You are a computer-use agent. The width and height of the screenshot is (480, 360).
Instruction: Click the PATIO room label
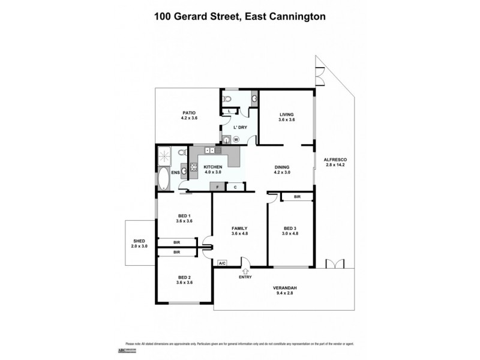(x=189, y=113)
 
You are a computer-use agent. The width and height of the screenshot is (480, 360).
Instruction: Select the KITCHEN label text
(x=212, y=167)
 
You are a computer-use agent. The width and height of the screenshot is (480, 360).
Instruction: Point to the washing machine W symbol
(x=236, y=139)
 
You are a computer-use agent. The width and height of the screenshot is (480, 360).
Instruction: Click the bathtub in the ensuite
(x=164, y=179)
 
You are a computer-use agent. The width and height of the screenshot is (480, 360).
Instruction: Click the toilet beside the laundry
(x=227, y=98)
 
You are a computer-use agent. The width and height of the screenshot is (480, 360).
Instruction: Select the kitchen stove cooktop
(x=194, y=167)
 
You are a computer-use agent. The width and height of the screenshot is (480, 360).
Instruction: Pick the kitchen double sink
(x=211, y=150)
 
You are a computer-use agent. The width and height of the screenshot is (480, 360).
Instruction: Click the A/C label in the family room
(x=221, y=263)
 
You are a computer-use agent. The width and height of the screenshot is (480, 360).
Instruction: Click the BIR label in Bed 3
(x=297, y=197)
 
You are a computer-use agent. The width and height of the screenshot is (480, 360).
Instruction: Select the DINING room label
(x=282, y=167)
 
